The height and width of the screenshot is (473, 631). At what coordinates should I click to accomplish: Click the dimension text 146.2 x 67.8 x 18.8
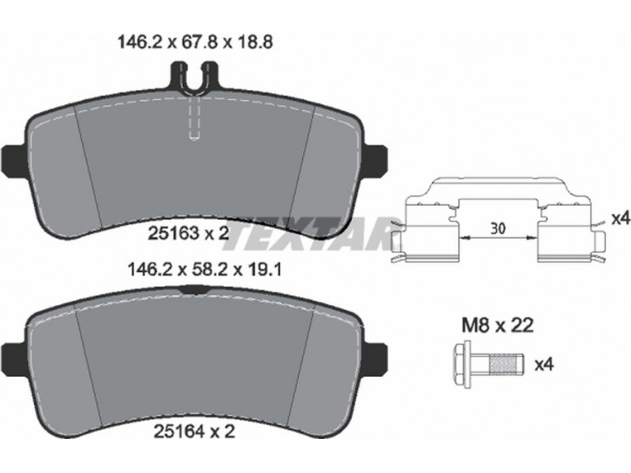(195, 42)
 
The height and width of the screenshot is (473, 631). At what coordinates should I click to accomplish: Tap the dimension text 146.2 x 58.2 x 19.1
(204, 270)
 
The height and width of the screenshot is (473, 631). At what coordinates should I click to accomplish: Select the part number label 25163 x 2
(189, 233)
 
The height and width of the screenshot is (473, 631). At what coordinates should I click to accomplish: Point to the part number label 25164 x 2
(194, 431)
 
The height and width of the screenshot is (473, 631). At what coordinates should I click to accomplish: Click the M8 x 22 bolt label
(498, 326)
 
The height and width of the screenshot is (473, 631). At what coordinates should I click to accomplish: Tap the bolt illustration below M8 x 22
(489, 364)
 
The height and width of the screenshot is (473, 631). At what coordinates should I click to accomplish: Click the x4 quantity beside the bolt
(544, 365)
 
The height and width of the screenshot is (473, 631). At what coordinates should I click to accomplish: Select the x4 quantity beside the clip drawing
(620, 219)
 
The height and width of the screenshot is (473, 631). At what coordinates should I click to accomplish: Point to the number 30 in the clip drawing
(498, 229)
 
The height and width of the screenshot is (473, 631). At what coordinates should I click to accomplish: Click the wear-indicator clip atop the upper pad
(195, 78)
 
